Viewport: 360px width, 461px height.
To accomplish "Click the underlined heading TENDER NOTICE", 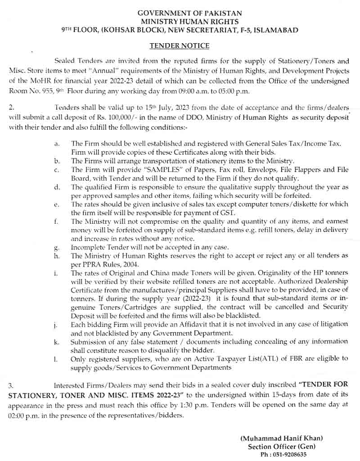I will coord(179,46).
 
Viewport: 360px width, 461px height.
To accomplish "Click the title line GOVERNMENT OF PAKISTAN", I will coord(180,13).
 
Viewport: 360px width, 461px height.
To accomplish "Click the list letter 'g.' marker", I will coord(55,247).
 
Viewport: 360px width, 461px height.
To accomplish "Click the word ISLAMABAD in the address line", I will coord(276,30).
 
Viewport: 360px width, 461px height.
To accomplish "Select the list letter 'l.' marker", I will coord(55,358).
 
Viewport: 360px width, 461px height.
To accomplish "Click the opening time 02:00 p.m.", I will coord(22,416).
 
